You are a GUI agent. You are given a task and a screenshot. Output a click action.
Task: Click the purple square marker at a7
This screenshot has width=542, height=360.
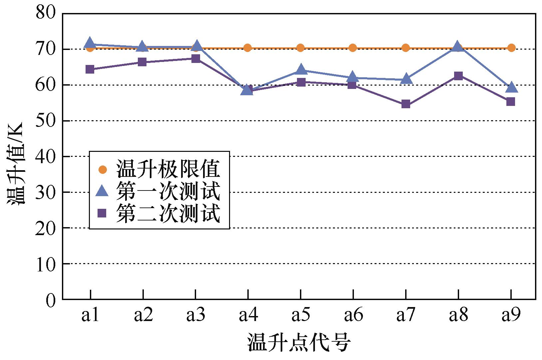406,104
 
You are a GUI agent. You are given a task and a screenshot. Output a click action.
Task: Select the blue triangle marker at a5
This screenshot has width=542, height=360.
301,70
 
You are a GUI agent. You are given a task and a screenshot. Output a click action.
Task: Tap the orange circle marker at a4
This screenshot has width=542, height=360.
247,48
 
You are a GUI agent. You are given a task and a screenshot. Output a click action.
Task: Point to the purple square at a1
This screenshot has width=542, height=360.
90,70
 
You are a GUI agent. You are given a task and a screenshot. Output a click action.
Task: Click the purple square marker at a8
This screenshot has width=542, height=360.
458,76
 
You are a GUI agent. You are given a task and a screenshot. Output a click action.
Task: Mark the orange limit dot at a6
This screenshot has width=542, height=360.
353,48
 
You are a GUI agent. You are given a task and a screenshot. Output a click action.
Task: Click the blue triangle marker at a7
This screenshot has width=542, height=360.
406,79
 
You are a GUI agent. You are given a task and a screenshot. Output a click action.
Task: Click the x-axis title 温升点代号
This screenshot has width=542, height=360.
299,343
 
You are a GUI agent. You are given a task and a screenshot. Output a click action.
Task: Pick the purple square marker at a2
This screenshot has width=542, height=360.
142,62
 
